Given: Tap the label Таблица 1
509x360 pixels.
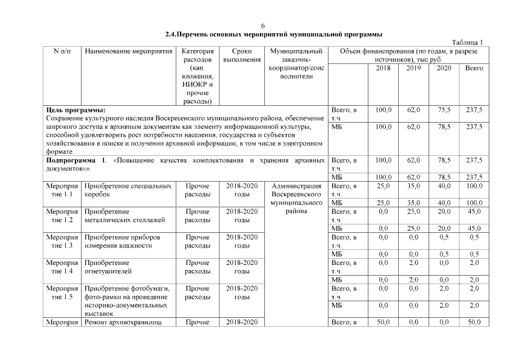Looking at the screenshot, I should click(467, 43).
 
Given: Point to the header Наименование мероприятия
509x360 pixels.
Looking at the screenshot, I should click(128, 51).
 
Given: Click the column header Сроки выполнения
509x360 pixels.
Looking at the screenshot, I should click(242, 55).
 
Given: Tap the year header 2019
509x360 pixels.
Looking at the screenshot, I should click(414, 68).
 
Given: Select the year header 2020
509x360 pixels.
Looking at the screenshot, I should click(444, 68).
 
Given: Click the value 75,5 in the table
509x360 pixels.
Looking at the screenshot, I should click(444, 110).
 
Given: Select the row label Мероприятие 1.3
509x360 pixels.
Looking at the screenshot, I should click(62, 241).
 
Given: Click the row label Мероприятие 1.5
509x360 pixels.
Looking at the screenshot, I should click(62, 292).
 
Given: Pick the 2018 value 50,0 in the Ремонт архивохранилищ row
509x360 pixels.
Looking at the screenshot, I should click(384, 322).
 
